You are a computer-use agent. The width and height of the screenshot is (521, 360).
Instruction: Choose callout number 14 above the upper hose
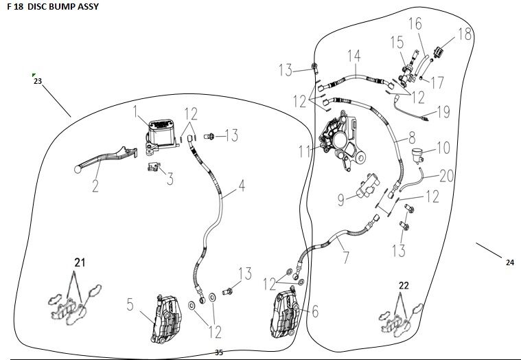point(354,56)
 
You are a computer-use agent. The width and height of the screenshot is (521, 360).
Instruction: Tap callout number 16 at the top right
point(415,24)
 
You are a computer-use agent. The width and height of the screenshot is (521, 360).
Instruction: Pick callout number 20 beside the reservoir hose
point(447,177)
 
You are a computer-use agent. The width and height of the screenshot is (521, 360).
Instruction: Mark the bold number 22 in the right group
point(403,285)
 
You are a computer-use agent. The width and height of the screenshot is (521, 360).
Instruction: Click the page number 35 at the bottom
point(219,352)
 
